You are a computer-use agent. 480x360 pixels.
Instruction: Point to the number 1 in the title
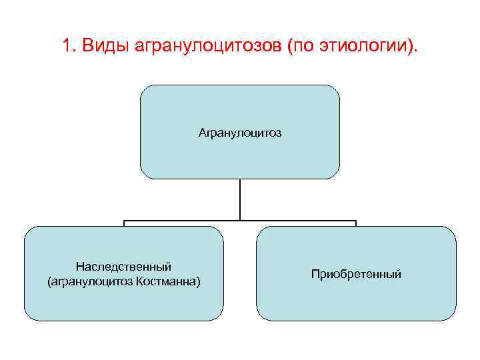click(66, 46)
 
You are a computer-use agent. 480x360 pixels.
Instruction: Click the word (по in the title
click(301, 47)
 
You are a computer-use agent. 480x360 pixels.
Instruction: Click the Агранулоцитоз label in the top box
click(240, 133)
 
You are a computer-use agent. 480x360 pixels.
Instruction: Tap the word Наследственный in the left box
click(124, 267)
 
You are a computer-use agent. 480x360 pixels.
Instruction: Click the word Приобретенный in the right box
click(356, 274)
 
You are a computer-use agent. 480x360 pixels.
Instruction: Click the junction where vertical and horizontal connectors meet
click(240, 221)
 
